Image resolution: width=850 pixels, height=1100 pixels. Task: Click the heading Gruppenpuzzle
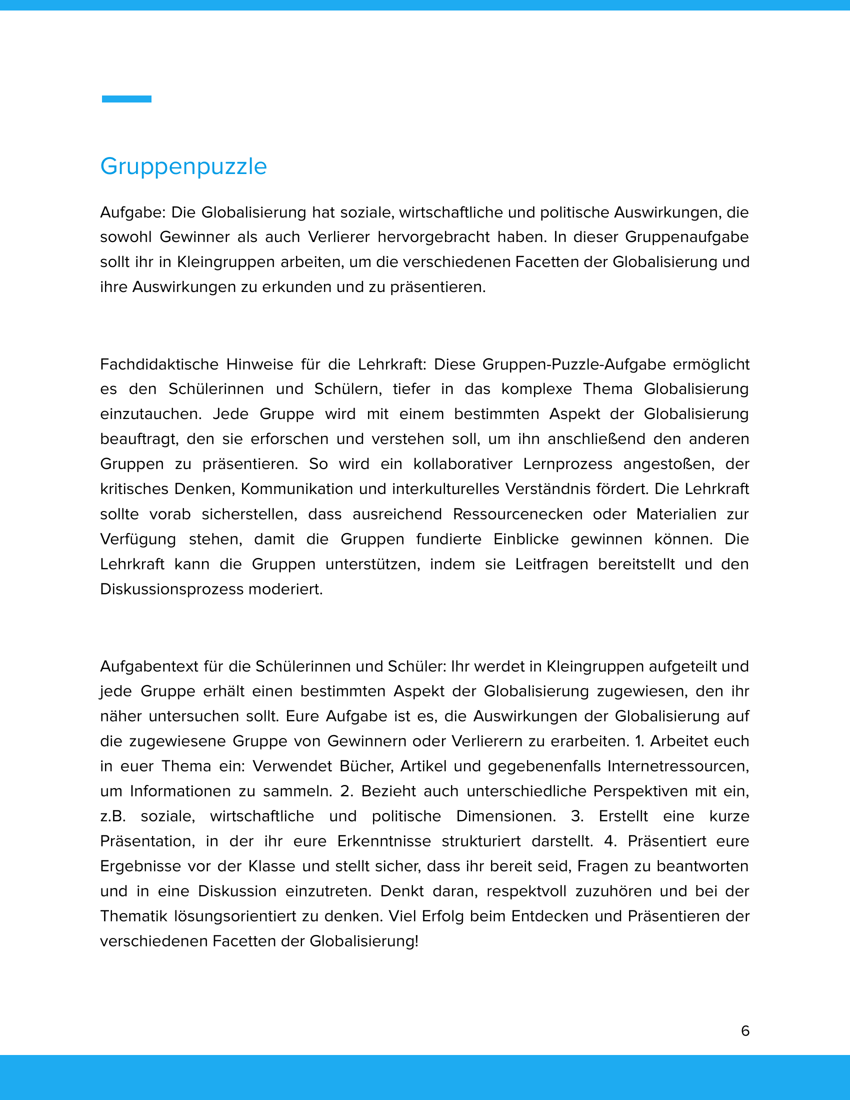point(183,166)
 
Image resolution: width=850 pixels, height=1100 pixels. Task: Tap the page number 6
point(745,1030)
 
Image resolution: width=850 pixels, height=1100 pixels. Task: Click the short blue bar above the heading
point(126,98)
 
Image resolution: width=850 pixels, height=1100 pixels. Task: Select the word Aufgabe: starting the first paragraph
point(132,212)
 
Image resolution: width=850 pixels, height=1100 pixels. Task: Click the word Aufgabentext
point(149,666)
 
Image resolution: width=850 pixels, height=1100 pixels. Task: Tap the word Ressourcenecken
point(517,514)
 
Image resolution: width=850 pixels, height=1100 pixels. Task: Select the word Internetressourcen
point(678,766)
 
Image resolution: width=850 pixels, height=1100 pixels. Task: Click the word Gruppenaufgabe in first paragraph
point(687,237)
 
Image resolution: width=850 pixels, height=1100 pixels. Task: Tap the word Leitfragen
point(551,564)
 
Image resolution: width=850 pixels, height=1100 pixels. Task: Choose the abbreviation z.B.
point(113,816)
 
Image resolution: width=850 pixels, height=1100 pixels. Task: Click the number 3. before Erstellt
point(576,816)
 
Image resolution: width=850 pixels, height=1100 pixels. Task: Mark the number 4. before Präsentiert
point(610,841)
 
